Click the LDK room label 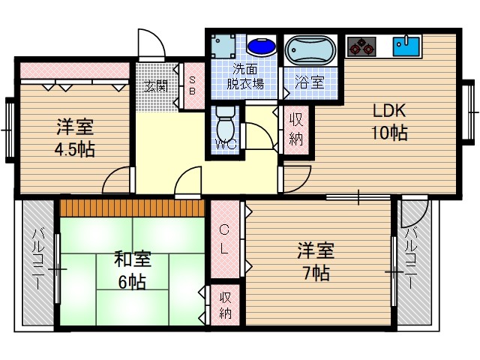390,111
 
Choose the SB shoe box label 192,85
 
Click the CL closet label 224,239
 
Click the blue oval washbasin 261,47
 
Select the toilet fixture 224,120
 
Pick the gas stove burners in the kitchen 361,46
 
